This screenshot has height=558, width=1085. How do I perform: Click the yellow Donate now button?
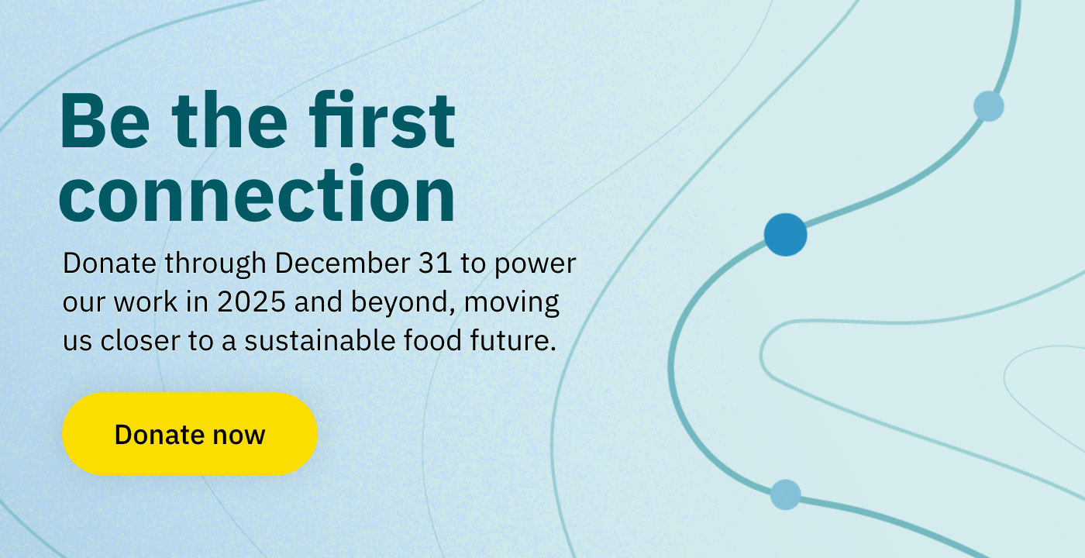pos(189,434)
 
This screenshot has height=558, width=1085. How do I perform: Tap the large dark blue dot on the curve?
pos(785,234)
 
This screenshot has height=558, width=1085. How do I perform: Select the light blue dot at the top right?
pos(988,105)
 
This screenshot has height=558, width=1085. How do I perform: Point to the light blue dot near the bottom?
pos(785,494)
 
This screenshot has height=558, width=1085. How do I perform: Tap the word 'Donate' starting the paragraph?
pos(111,263)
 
